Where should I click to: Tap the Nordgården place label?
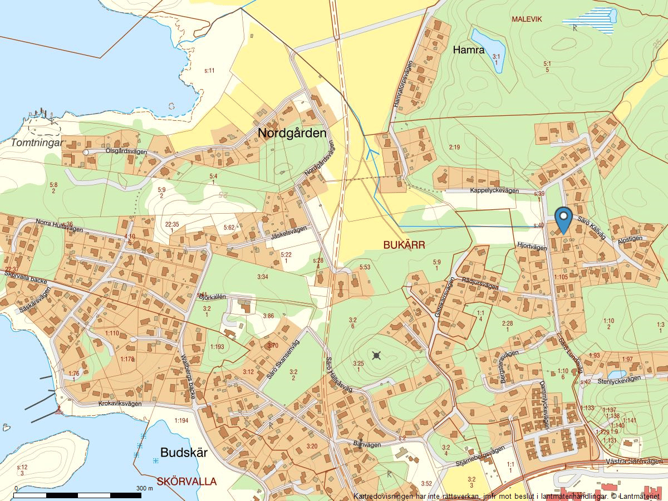[x=292, y=133]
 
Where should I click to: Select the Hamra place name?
[x=468, y=50]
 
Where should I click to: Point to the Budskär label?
[x=184, y=453]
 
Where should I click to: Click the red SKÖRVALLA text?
[x=186, y=482]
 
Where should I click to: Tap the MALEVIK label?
[x=527, y=19]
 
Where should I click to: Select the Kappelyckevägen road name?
[x=494, y=191]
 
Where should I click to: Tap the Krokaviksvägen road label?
[x=120, y=404]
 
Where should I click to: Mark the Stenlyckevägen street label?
[x=618, y=380]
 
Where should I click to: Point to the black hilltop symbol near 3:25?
[x=377, y=355]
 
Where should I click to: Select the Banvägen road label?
[x=367, y=444]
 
